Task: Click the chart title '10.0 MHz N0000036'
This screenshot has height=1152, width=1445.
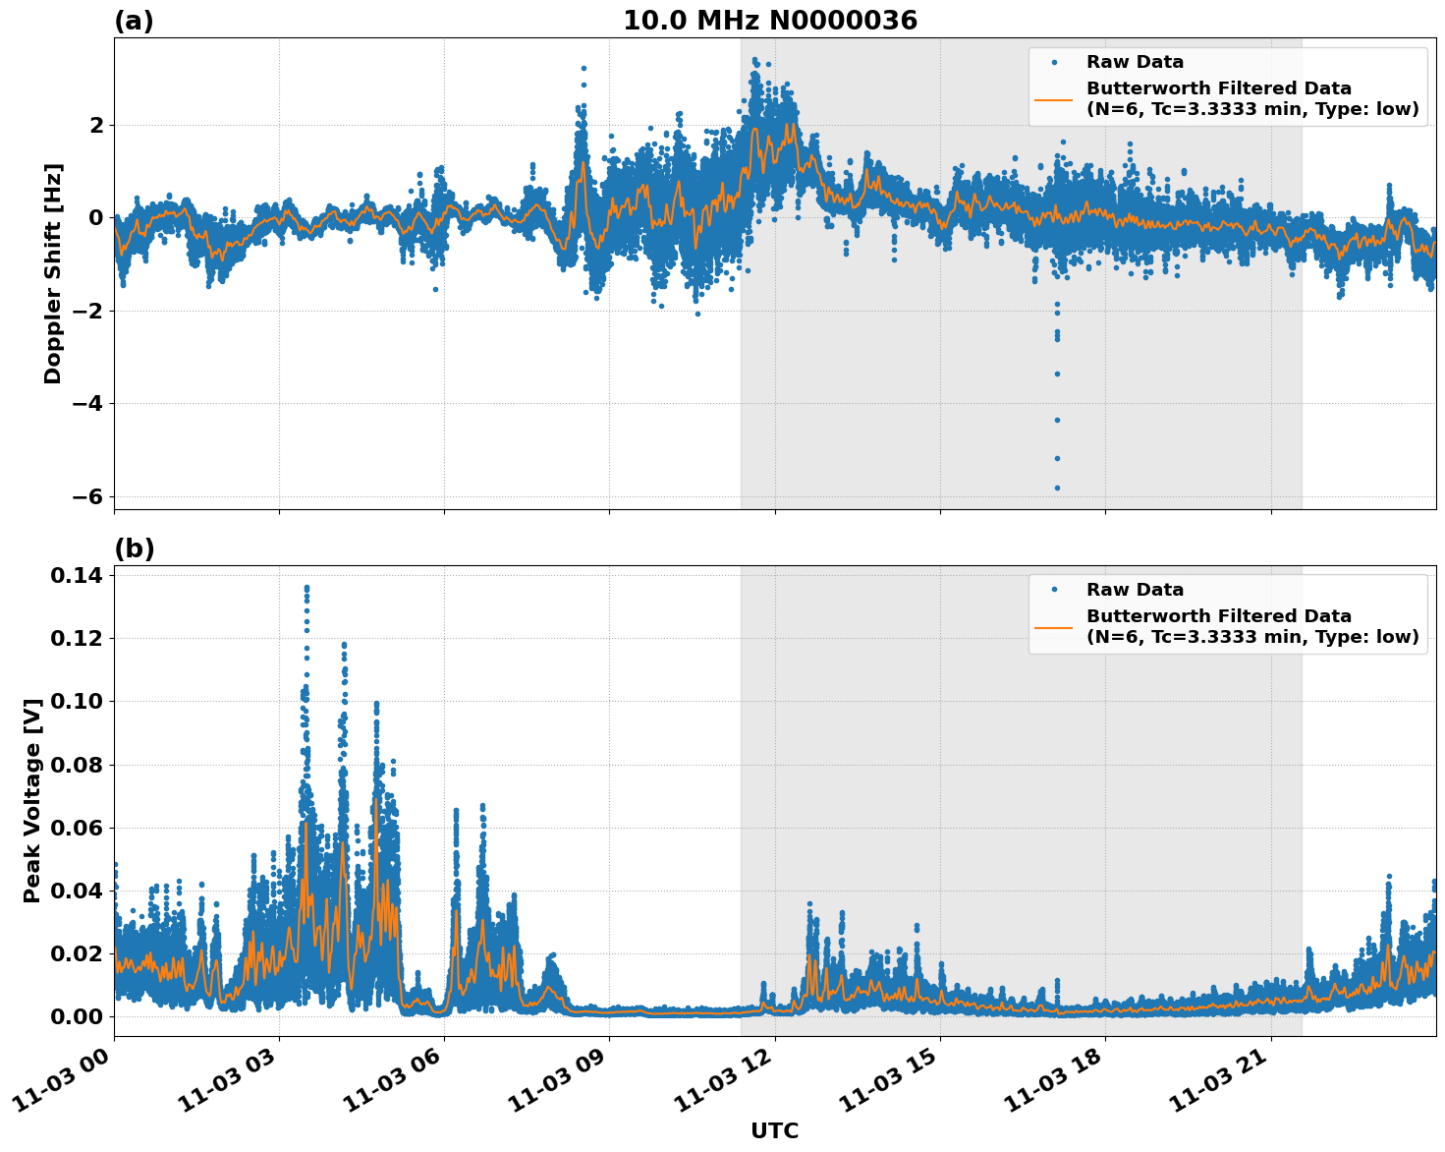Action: tap(769, 21)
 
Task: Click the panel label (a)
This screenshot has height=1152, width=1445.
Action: tap(134, 21)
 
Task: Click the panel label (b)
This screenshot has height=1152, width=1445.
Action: tap(134, 548)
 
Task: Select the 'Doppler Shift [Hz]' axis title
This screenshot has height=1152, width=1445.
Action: tap(53, 273)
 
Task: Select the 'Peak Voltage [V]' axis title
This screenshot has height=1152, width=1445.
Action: tap(32, 800)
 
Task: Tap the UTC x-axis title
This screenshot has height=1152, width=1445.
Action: tap(774, 1130)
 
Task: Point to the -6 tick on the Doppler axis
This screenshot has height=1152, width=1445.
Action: tap(88, 496)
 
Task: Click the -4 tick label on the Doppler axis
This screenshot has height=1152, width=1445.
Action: tap(88, 404)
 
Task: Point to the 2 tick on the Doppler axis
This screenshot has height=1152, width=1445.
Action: tap(96, 125)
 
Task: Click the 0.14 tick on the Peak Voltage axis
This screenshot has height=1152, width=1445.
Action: tap(77, 575)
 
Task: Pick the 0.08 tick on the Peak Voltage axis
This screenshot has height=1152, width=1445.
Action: tap(77, 765)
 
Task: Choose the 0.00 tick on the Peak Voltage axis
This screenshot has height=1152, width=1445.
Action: tap(77, 1016)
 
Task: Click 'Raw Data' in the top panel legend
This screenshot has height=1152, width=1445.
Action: tap(1135, 63)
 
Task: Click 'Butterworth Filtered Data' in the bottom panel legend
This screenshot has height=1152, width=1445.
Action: tap(1218, 616)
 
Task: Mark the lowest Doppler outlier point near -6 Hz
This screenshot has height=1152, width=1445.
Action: tap(1057, 488)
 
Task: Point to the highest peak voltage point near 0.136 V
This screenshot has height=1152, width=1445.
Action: tap(306, 588)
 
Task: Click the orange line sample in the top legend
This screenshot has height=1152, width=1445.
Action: tap(1053, 99)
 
